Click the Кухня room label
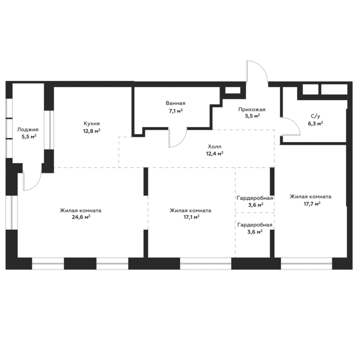coord(92,124)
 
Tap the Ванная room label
coord(175,103)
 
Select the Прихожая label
coord(252,110)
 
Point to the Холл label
coord(214,146)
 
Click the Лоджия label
coord(28,130)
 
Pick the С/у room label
coord(316,116)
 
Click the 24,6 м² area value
coord(81,217)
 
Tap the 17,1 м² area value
coord(191,217)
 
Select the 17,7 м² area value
coord(312,203)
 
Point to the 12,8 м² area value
coord(92,131)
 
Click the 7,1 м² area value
coord(176,111)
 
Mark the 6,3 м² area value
coord(316,124)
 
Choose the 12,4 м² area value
coord(215,154)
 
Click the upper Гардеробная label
coord(255,198)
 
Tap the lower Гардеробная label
coord(255,225)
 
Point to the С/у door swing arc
coord(296,124)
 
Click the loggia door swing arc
coord(37,185)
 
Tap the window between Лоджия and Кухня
coord(49,130)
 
